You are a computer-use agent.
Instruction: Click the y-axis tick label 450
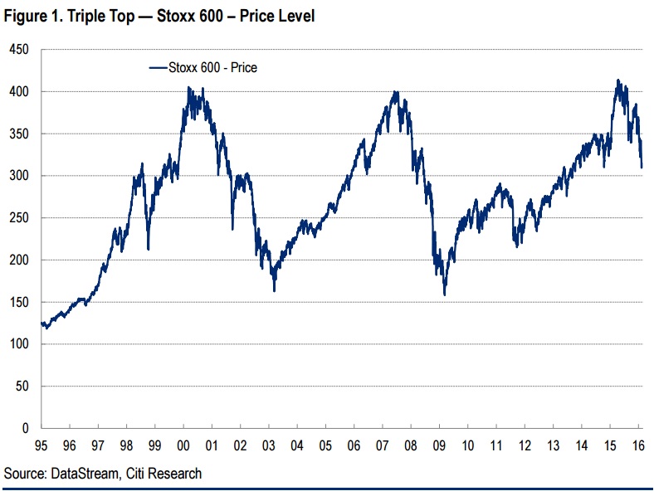pos(19,50)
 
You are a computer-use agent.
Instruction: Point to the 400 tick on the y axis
pos(19,92)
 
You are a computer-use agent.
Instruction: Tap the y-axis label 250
pos(19,218)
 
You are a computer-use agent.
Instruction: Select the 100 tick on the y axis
pos(19,344)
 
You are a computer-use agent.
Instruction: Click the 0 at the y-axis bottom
pos(26,428)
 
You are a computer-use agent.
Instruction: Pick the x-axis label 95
pos(41,444)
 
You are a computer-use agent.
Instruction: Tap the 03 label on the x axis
pos(269,444)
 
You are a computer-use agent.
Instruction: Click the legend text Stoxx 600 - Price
pos(212,68)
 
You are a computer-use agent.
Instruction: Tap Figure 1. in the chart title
pos(32,16)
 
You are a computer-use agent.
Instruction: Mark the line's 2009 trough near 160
pos(445,294)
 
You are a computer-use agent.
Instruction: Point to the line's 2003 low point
pos(274,290)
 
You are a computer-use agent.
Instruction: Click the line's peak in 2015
pos(618,80)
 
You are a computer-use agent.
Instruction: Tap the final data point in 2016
pos(642,168)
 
